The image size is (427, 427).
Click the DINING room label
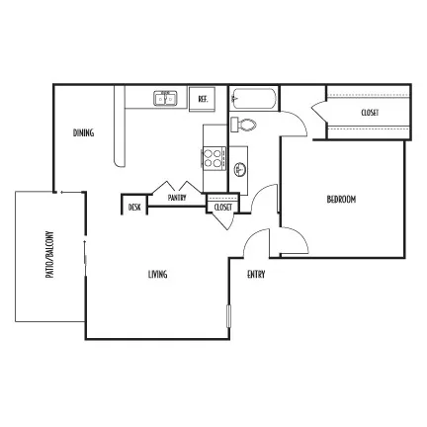coord(83,132)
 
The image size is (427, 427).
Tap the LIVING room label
coord(157,274)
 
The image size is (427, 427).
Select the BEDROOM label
coord(341,200)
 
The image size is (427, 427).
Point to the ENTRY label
coord(256,274)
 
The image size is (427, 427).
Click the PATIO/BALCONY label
coord(49,254)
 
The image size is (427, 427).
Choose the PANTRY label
coord(177,198)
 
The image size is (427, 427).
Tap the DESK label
coord(134,208)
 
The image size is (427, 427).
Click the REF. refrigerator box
coord(202,99)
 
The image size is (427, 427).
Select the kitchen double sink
coord(165,98)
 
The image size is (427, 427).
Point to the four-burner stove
coord(214,158)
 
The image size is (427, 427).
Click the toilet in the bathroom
coord(243,125)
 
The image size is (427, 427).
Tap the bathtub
coord(253,98)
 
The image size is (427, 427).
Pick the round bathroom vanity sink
coord(240,170)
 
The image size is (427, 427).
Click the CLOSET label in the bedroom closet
coord(370,113)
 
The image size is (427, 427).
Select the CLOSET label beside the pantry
coord(223,208)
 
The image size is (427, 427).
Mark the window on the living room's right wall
coord(229,316)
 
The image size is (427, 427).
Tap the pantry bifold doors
coord(178,188)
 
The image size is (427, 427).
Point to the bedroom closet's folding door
coord(319,113)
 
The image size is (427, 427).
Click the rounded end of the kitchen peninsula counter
coord(120,163)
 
